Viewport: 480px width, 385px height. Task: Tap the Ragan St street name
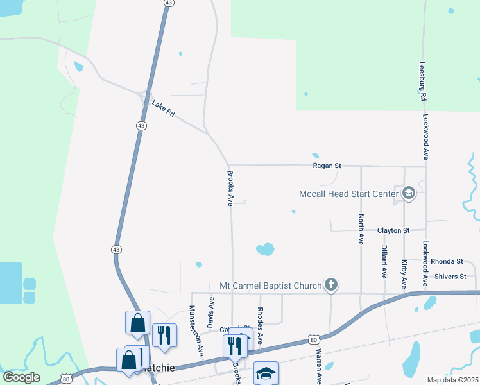coord(327,166)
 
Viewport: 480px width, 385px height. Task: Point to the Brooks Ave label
coord(229,188)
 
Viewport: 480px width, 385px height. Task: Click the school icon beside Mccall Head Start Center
coord(408,193)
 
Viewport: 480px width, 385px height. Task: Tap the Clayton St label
coord(393,230)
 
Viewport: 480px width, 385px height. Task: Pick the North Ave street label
coord(361,229)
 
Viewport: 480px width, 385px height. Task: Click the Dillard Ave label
coord(384,261)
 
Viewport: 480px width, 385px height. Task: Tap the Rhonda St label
coord(447,262)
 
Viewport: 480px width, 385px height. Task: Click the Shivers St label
coord(449,277)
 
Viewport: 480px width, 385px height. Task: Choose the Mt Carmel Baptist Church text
coord(270,286)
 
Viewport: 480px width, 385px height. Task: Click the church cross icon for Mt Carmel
coord(330,284)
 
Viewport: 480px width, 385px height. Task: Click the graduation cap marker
coord(266,373)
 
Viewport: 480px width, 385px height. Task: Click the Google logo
coord(22,377)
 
